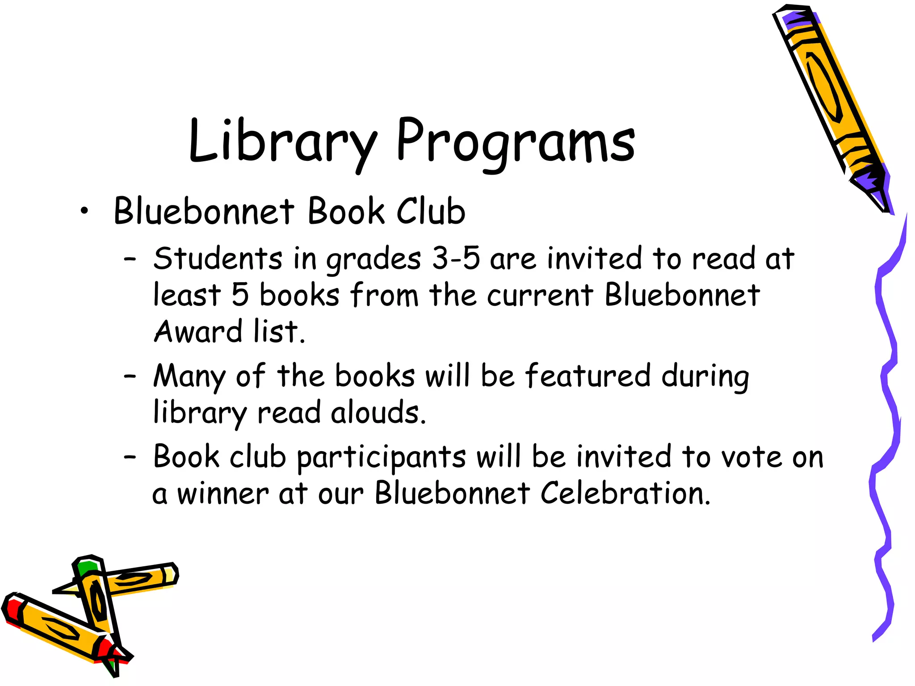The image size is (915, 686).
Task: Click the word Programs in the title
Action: click(x=515, y=142)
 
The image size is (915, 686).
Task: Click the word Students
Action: click(x=218, y=259)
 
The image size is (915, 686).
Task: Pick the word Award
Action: click(x=197, y=332)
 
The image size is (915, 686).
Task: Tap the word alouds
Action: click(x=378, y=413)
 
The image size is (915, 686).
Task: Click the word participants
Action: click(x=381, y=458)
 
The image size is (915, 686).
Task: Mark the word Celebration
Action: click(x=625, y=494)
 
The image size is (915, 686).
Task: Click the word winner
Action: click(x=223, y=494)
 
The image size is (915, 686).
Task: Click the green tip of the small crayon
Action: click(x=87, y=568)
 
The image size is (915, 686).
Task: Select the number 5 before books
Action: click(x=240, y=295)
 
